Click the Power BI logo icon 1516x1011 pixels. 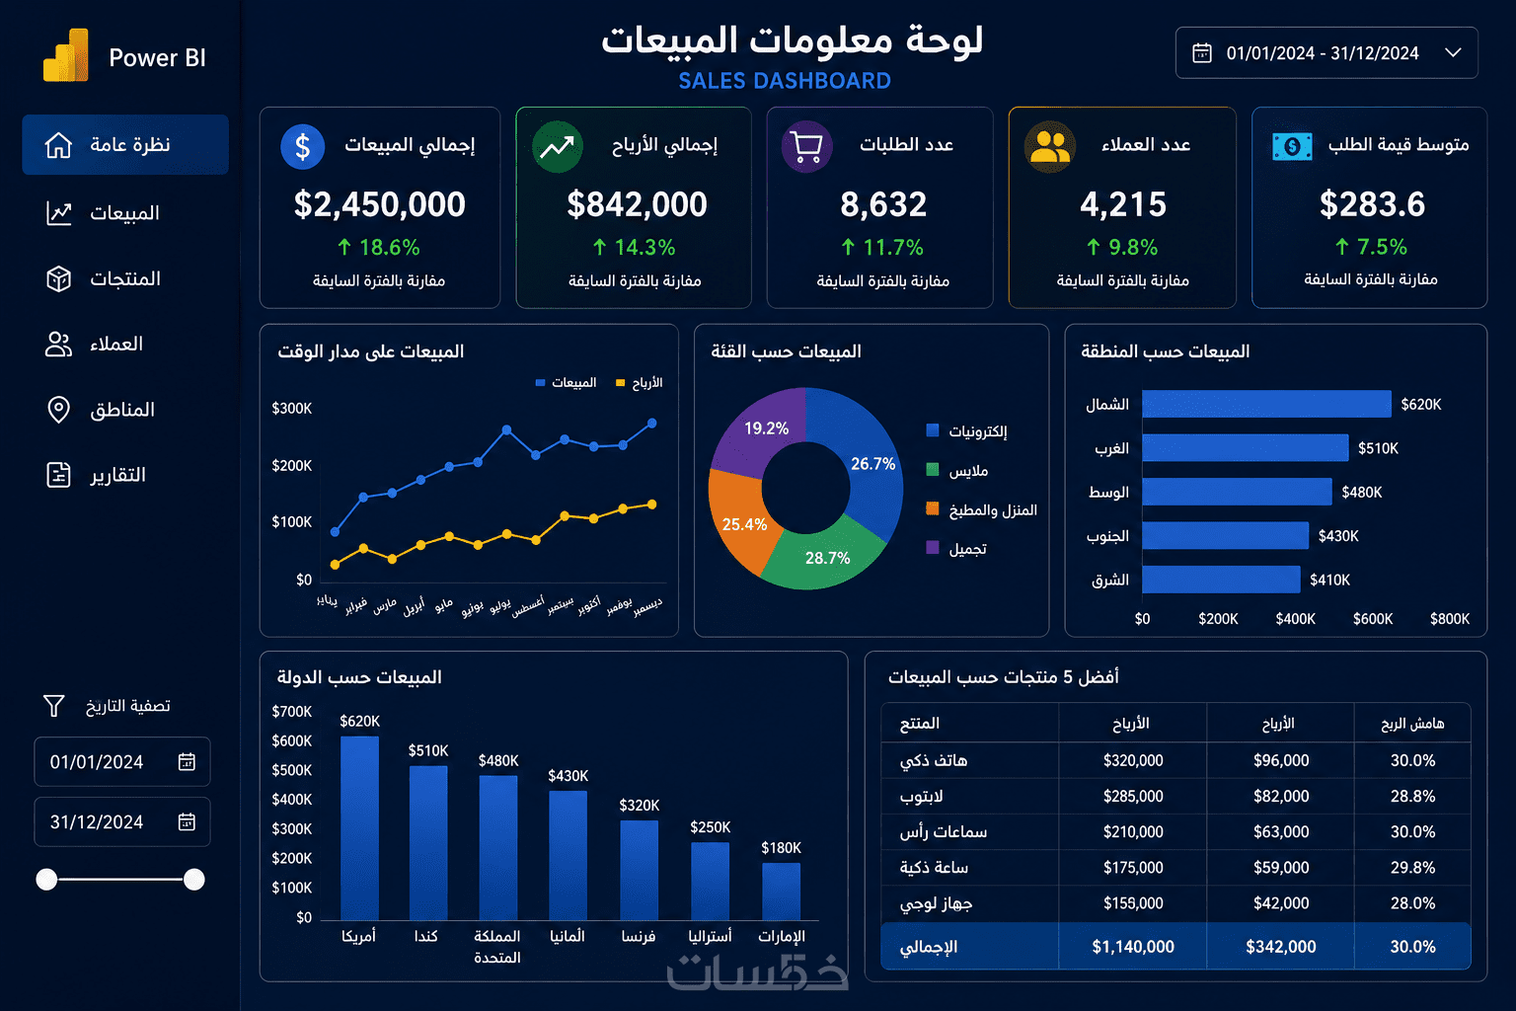tap(66, 55)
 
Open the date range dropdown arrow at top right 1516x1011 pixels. tap(1453, 52)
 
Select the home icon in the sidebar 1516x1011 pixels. tap(58, 145)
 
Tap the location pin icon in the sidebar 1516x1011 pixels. tap(58, 409)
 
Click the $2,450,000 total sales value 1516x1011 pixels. tap(380, 203)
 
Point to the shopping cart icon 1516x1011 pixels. tap(806, 146)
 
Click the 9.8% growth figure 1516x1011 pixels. tap(1132, 247)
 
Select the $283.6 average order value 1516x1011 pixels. tap(1372, 203)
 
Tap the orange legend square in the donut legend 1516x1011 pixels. tap(933, 508)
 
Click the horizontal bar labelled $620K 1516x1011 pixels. tap(1266, 404)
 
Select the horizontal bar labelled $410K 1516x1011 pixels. tap(1221, 579)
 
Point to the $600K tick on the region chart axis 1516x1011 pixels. tap(1373, 618)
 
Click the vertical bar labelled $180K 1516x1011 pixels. tap(781, 892)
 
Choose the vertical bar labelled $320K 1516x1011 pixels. tap(640, 870)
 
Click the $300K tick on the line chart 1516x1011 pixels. tap(292, 409)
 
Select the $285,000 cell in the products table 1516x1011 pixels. tap(1133, 796)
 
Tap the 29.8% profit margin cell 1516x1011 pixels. tap(1412, 867)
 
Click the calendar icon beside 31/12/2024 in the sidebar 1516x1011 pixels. tap(187, 821)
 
